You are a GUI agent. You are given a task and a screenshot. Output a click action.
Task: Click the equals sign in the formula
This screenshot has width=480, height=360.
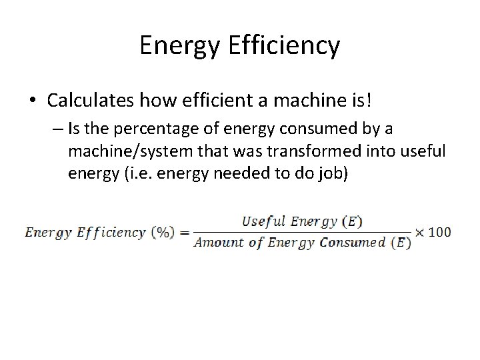pos(184,232)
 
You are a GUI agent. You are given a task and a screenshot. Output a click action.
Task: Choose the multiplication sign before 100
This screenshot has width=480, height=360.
pos(421,232)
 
